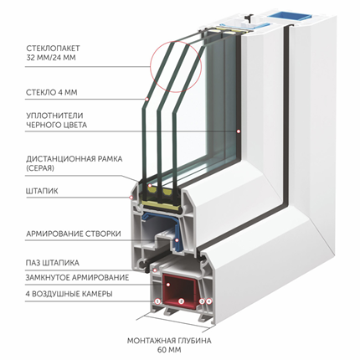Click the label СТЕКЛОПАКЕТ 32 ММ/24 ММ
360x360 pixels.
(x=53, y=53)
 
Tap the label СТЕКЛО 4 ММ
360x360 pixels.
(x=52, y=92)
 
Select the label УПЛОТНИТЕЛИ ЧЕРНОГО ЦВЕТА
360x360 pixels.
(x=56, y=120)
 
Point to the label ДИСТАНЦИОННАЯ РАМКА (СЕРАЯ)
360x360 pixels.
(x=75, y=163)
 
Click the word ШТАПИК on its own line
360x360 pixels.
(x=42, y=191)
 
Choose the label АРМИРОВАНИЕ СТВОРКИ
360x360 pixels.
(x=74, y=234)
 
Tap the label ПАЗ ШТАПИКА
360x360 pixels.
(x=53, y=263)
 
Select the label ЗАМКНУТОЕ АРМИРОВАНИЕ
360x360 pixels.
(x=77, y=278)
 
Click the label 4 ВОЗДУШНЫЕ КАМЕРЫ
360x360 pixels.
(x=69, y=294)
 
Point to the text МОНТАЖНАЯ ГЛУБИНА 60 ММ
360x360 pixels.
(x=169, y=345)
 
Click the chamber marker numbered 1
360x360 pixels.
(x=157, y=301)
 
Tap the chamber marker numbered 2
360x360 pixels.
(x=181, y=301)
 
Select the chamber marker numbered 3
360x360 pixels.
(x=203, y=301)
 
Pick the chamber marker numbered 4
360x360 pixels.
(x=209, y=301)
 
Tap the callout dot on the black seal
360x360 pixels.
(x=238, y=131)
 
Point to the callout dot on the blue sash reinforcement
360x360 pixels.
(x=177, y=240)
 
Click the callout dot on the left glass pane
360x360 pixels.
(x=147, y=100)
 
